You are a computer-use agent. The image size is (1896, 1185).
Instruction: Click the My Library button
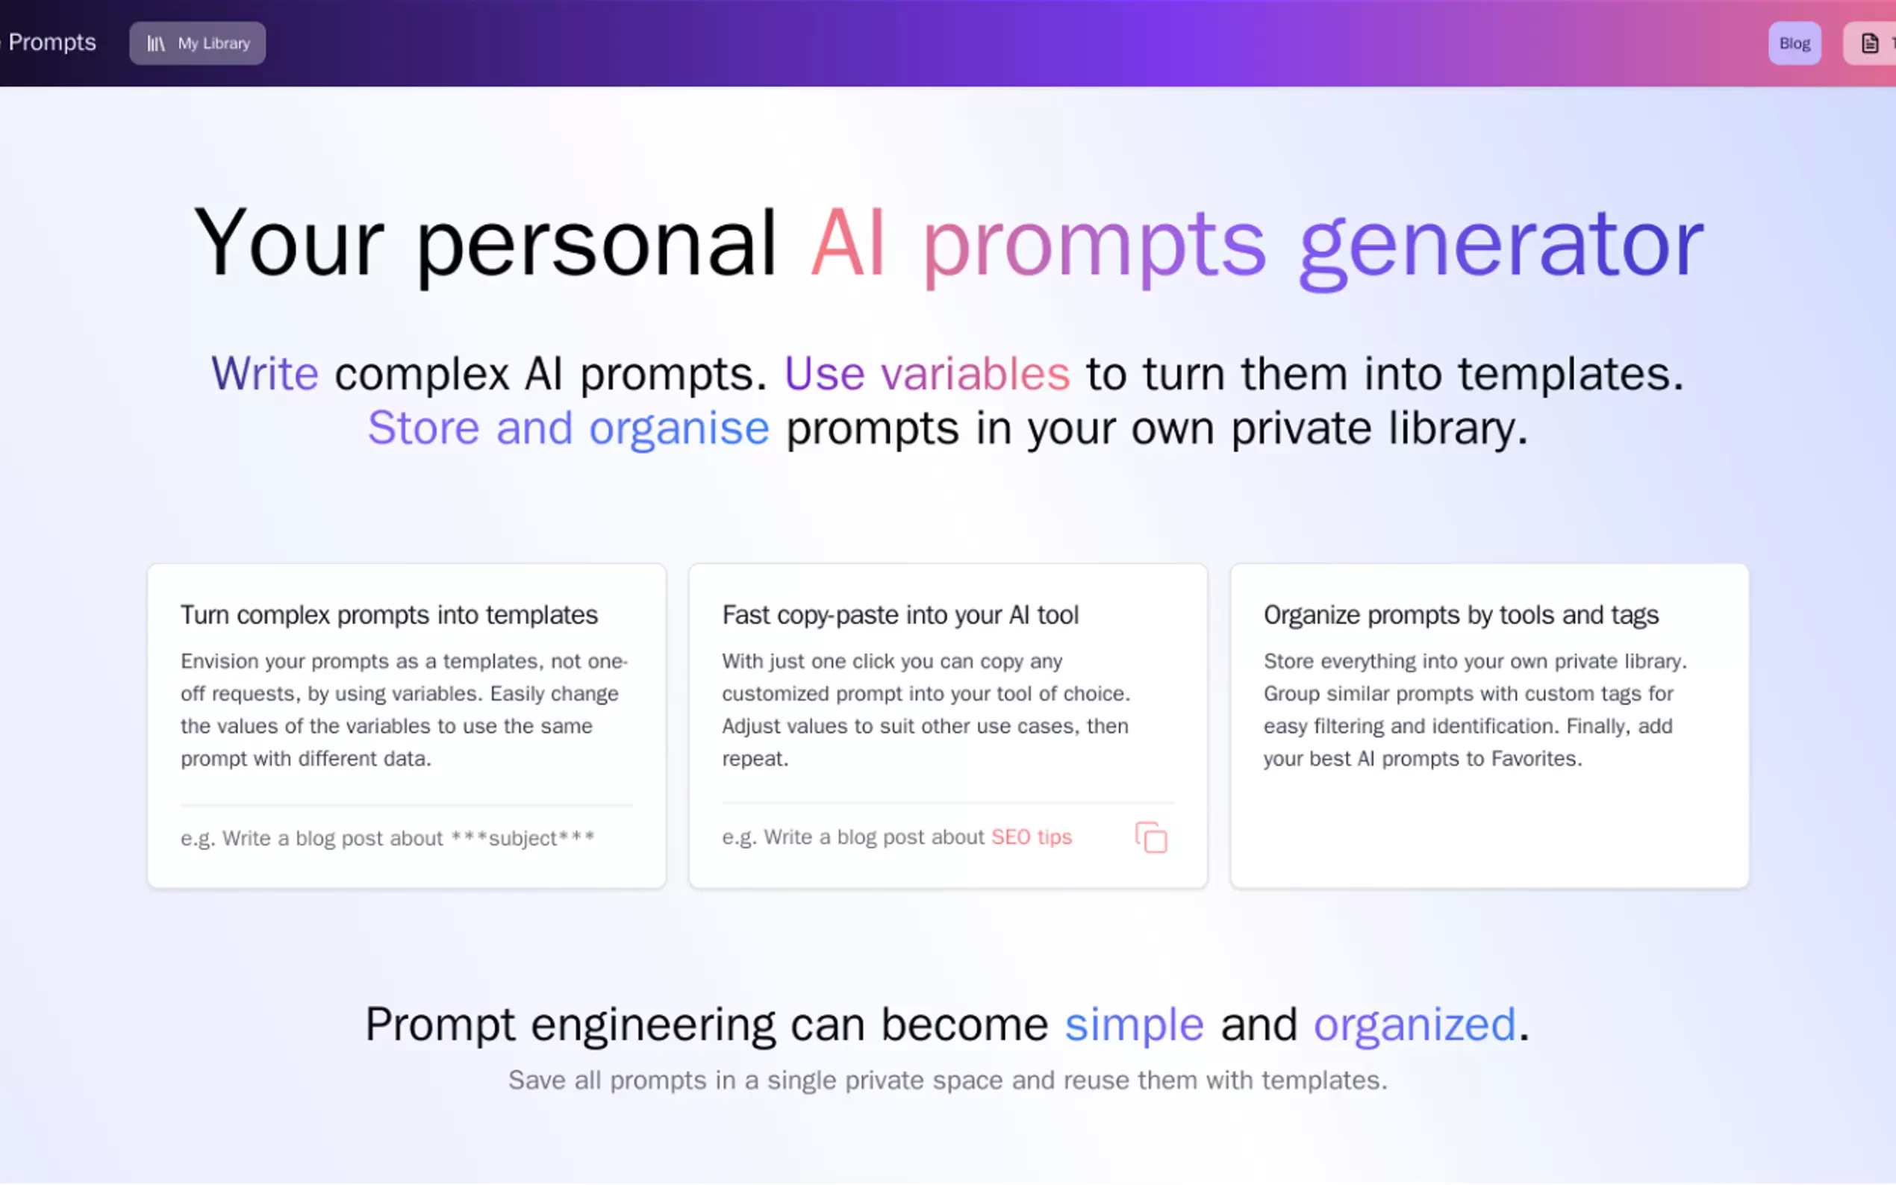point(198,43)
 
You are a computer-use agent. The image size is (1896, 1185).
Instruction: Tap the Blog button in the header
point(1794,43)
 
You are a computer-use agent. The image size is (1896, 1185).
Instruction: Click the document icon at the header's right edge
point(1869,43)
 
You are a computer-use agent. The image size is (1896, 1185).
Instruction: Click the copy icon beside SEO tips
point(1150,837)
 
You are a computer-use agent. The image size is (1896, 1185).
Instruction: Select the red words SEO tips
point(1032,837)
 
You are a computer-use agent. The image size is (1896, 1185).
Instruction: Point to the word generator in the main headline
point(1501,245)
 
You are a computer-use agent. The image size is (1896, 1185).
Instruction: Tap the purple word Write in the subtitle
point(265,373)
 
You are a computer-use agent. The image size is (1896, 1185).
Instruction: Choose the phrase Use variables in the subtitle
point(926,373)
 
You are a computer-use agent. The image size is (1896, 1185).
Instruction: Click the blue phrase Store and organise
point(568,428)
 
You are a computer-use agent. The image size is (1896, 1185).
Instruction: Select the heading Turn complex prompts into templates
point(389,615)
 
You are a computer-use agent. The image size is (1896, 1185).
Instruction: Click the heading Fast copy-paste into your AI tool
point(899,615)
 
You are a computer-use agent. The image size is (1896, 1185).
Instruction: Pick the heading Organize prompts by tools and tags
point(1461,615)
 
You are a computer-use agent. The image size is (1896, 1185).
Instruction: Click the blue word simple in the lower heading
point(1133,1025)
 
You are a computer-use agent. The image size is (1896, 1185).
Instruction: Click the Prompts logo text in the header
point(52,43)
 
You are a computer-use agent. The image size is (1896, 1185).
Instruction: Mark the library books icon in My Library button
point(156,44)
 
